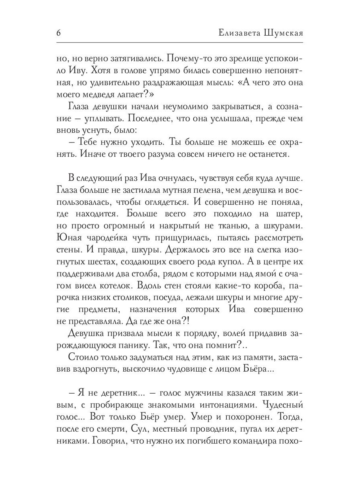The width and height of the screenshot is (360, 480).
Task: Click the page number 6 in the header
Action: click(x=58, y=33)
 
